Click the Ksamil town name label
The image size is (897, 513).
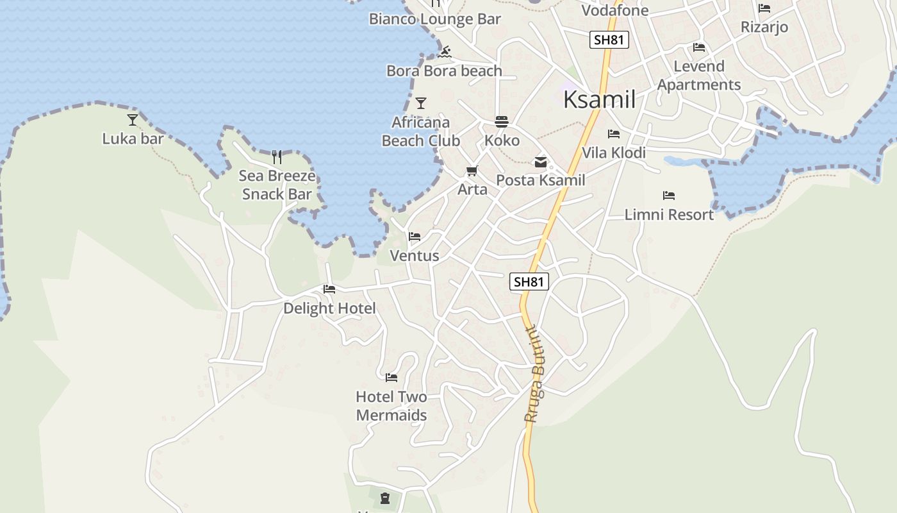[x=600, y=100]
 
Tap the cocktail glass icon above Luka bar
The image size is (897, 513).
[x=133, y=119]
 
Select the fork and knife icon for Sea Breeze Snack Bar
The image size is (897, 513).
[x=277, y=156]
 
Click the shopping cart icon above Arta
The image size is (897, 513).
[x=472, y=171]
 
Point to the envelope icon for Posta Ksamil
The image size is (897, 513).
[x=541, y=162]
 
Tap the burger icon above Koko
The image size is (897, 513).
[x=501, y=122]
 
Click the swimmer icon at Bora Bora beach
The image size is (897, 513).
[x=445, y=52]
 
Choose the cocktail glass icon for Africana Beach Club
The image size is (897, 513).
[x=421, y=103]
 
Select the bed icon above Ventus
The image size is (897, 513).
[x=415, y=237]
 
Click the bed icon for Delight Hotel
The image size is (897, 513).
[x=329, y=289]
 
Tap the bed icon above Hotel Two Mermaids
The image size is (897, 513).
[x=391, y=378]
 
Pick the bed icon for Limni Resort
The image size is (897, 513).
[x=669, y=196]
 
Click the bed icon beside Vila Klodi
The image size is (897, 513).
[x=614, y=134]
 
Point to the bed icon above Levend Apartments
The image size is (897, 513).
[x=699, y=47]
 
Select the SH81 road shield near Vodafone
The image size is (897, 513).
[x=609, y=40]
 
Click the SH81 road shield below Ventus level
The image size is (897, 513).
[x=529, y=282]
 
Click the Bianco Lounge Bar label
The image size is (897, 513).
[x=434, y=19]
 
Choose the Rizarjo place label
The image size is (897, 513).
[x=764, y=27]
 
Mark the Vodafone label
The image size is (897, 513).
[x=614, y=10]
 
